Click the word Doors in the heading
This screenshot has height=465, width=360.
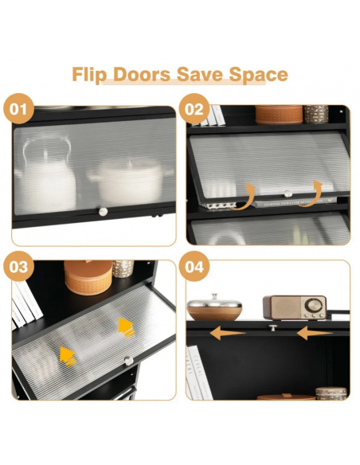click(x=142, y=74)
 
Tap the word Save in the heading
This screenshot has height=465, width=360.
click(x=200, y=74)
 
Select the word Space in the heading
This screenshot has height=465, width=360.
click(x=258, y=75)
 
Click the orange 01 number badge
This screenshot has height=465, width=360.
click(x=18, y=108)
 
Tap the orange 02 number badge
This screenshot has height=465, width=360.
click(x=194, y=108)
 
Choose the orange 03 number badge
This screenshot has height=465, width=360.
click(x=18, y=266)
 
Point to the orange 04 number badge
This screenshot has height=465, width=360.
click(x=194, y=266)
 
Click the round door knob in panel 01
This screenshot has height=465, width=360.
click(x=103, y=212)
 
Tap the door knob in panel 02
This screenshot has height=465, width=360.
click(x=288, y=194)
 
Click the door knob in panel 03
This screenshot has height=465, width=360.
click(x=129, y=361)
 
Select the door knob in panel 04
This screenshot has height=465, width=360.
click(x=273, y=328)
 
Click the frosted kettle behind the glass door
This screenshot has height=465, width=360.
click(x=46, y=174)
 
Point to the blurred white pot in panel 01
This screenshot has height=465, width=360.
click(x=128, y=181)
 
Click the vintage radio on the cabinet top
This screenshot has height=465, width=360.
click(x=295, y=307)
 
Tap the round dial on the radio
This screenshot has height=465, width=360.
click(x=314, y=305)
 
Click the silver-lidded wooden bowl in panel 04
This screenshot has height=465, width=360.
click(x=214, y=307)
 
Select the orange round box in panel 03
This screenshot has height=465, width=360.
click(x=88, y=277)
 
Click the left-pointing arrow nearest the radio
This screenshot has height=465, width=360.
click(x=315, y=334)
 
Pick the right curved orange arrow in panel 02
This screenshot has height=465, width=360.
click(x=313, y=194)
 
